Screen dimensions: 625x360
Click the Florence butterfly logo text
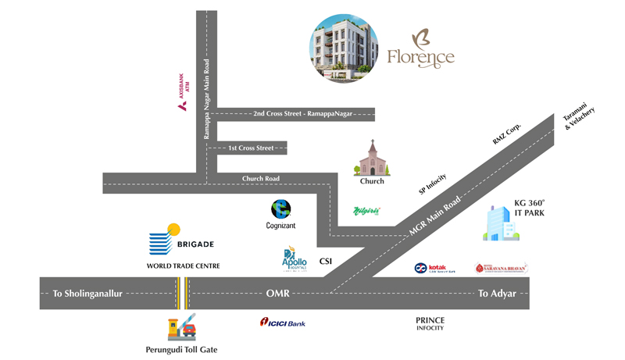(x=420, y=51)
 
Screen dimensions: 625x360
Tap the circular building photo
(x=344, y=48)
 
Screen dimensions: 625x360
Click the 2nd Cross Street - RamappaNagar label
(x=302, y=114)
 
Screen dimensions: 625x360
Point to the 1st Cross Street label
(x=251, y=148)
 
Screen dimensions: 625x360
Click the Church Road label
(x=261, y=179)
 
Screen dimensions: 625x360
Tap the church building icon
(x=372, y=159)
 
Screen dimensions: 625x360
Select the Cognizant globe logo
(x=280, y=209)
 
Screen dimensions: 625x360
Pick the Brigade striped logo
(x=165, y=240)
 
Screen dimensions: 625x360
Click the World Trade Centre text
(x=184, y=266)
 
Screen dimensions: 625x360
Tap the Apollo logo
(x=295, y=258)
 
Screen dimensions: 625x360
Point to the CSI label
(x=327, y=262)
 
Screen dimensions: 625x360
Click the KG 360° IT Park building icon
(x=500, y=223)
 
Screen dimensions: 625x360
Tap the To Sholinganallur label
(x=88, y=294)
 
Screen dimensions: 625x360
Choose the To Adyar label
(x=496, y=294)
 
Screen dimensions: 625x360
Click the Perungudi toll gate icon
(x=182, y=326)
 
